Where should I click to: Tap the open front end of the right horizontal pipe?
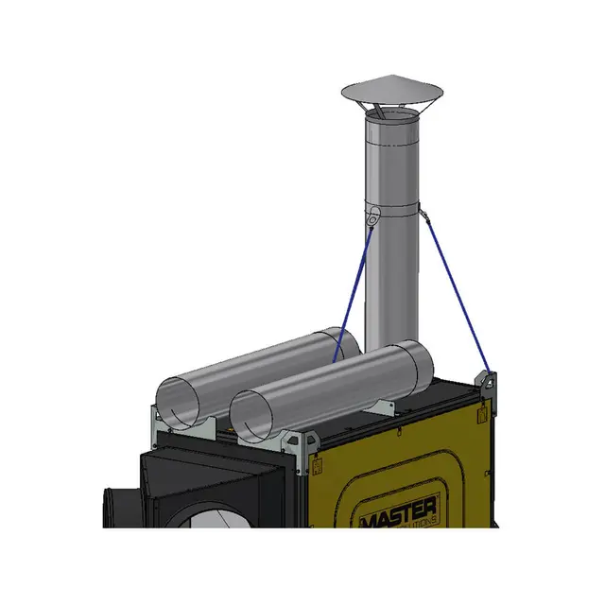[x=254, y=417]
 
